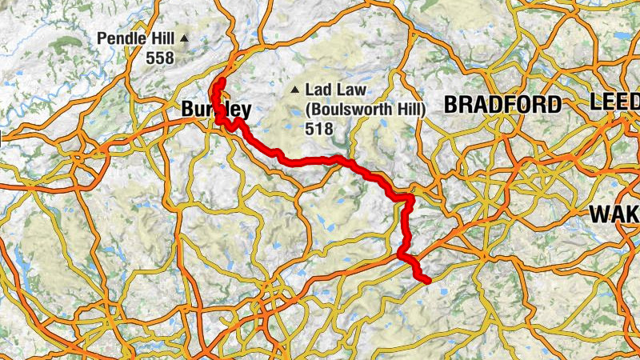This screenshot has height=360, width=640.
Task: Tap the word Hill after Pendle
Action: (x=158, y=38)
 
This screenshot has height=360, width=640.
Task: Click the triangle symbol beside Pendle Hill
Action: (x=184, y=38)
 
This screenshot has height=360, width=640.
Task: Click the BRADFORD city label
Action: (x=502, y=104)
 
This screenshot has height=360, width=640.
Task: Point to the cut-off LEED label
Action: (x=614, y=102)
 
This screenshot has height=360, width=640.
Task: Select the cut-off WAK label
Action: (x=614, y=214)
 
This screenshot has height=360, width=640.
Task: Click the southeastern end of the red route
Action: (x=429, y=279)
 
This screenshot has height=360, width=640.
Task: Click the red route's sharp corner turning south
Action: (x=410, y=196)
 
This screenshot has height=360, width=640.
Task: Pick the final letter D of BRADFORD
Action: (x=553, y=104)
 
